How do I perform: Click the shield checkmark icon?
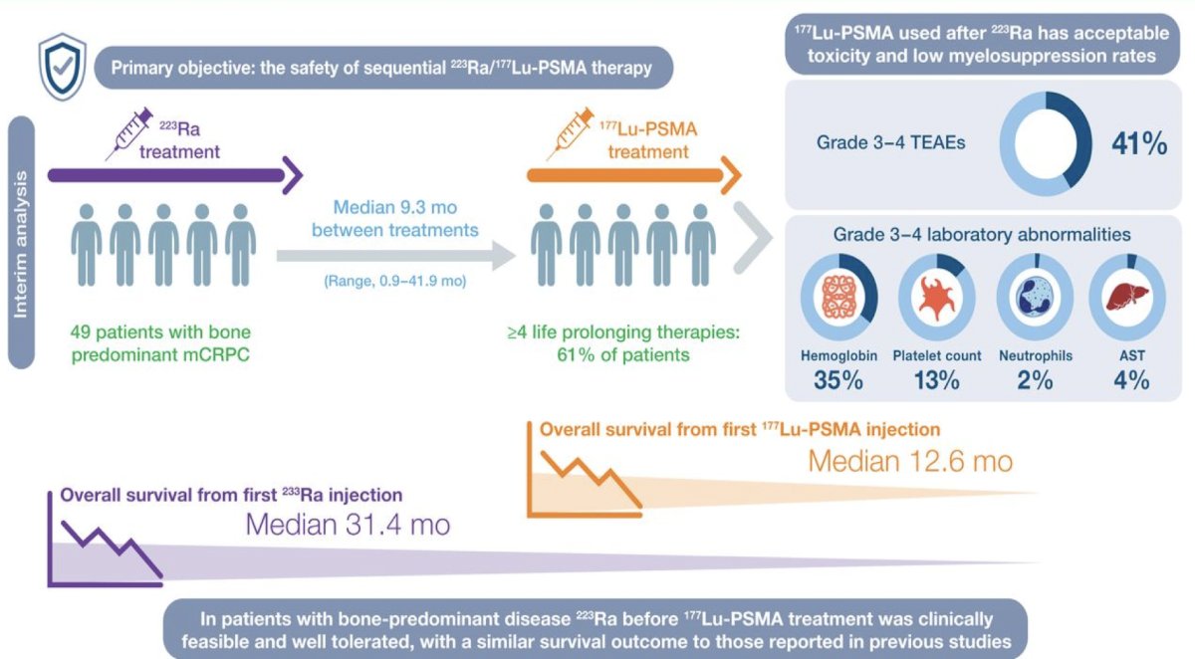point(63,67)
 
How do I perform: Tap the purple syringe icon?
point(129,133)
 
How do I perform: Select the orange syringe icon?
point(570,133)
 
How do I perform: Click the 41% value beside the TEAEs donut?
point(1139,144)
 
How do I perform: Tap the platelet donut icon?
point(937,297)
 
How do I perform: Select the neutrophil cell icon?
point(1035,297)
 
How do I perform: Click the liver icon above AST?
point(1126,297)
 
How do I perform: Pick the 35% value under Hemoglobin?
point(838,380)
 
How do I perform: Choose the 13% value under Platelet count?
point(936,380)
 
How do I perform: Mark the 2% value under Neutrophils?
point(1035,380)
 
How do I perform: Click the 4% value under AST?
point(1131,380)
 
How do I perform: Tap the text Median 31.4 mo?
point(348,525)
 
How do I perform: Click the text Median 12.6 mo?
point(910,461)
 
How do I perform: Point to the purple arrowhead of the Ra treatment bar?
point(293,175)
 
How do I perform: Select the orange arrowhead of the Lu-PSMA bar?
point(731,175)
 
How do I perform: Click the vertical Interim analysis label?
point(21,244)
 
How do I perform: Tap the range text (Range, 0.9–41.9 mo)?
point(394,281)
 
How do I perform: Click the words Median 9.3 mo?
point(394,207)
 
